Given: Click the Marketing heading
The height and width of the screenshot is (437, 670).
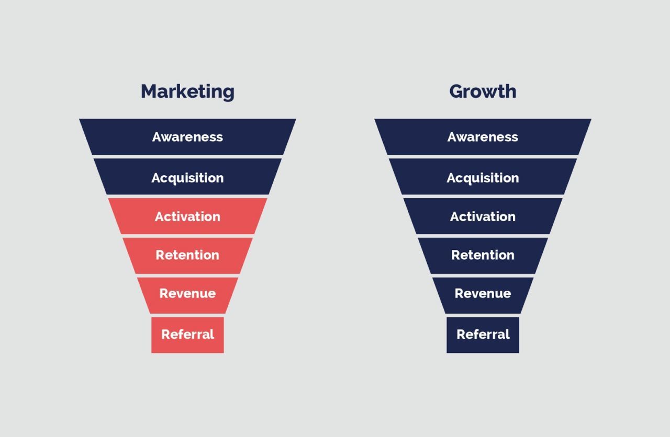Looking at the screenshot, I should (187, 91).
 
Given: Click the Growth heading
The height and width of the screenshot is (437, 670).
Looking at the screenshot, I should (483, 91).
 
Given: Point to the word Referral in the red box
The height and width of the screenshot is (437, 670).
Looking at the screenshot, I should (187, 334).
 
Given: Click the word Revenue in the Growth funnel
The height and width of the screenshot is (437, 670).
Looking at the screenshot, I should (483, 293).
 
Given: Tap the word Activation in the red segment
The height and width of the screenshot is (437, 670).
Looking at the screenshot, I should (187, 216).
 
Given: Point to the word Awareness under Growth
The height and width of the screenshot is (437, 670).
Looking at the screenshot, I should (483, 137).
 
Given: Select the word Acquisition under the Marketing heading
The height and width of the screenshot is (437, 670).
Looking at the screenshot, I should (187, 178).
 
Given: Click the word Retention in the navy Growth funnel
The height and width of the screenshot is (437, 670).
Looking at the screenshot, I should (483, 255).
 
